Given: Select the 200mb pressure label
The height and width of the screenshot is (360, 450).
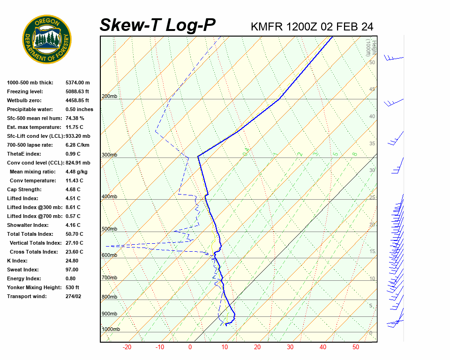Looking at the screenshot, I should [109, 97].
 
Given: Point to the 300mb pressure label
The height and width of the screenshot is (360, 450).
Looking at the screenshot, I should [109, 155].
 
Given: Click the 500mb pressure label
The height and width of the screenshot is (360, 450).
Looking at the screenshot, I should [109, 229].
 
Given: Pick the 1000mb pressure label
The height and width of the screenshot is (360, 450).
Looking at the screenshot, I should [111, 330].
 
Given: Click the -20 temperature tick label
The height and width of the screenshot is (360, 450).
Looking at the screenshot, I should [127, 347].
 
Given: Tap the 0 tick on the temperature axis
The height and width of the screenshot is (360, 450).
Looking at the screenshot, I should [190, 347].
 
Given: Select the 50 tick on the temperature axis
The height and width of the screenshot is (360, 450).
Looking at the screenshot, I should [356, 347].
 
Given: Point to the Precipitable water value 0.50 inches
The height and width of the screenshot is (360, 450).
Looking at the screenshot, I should [79, 109].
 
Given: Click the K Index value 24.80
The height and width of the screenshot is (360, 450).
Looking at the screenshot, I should [72, 261].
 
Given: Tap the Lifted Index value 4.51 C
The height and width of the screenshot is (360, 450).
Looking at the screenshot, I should [73, 198].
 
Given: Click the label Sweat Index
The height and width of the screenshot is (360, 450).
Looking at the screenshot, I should [22, 270].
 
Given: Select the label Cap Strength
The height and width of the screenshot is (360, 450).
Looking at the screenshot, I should [24, 189].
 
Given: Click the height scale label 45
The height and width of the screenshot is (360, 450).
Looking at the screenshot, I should [372, 90].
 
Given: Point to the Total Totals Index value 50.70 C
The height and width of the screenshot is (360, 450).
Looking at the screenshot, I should [74, 234].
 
